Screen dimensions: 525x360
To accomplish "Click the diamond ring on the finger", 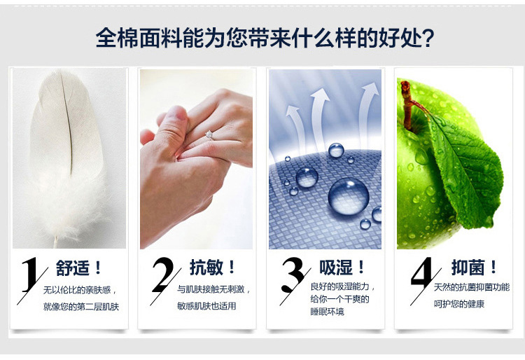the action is point(209,136).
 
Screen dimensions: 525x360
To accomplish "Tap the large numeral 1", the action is point(30,275).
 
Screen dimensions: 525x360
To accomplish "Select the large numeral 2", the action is point(163,275).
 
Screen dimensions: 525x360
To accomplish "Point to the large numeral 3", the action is point(293,275).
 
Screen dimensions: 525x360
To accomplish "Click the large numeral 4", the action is point(423,273).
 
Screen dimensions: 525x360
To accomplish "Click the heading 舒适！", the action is point(78,268).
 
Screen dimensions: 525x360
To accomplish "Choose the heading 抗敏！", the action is point(212,268).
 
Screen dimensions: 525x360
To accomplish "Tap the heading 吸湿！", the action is point(342,268).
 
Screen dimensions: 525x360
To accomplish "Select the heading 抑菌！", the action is point(474,268).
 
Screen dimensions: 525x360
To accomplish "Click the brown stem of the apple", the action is point(409,104).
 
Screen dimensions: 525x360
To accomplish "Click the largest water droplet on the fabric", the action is point(348,195).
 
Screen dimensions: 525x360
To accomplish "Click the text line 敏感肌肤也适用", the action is point(207,305).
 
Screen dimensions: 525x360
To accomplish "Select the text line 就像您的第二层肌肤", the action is point(81,306).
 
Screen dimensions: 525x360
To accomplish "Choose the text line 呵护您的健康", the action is point(459,304).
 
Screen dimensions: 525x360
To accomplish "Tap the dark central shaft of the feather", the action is point(67,124).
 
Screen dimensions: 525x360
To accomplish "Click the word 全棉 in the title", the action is point(116,38).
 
